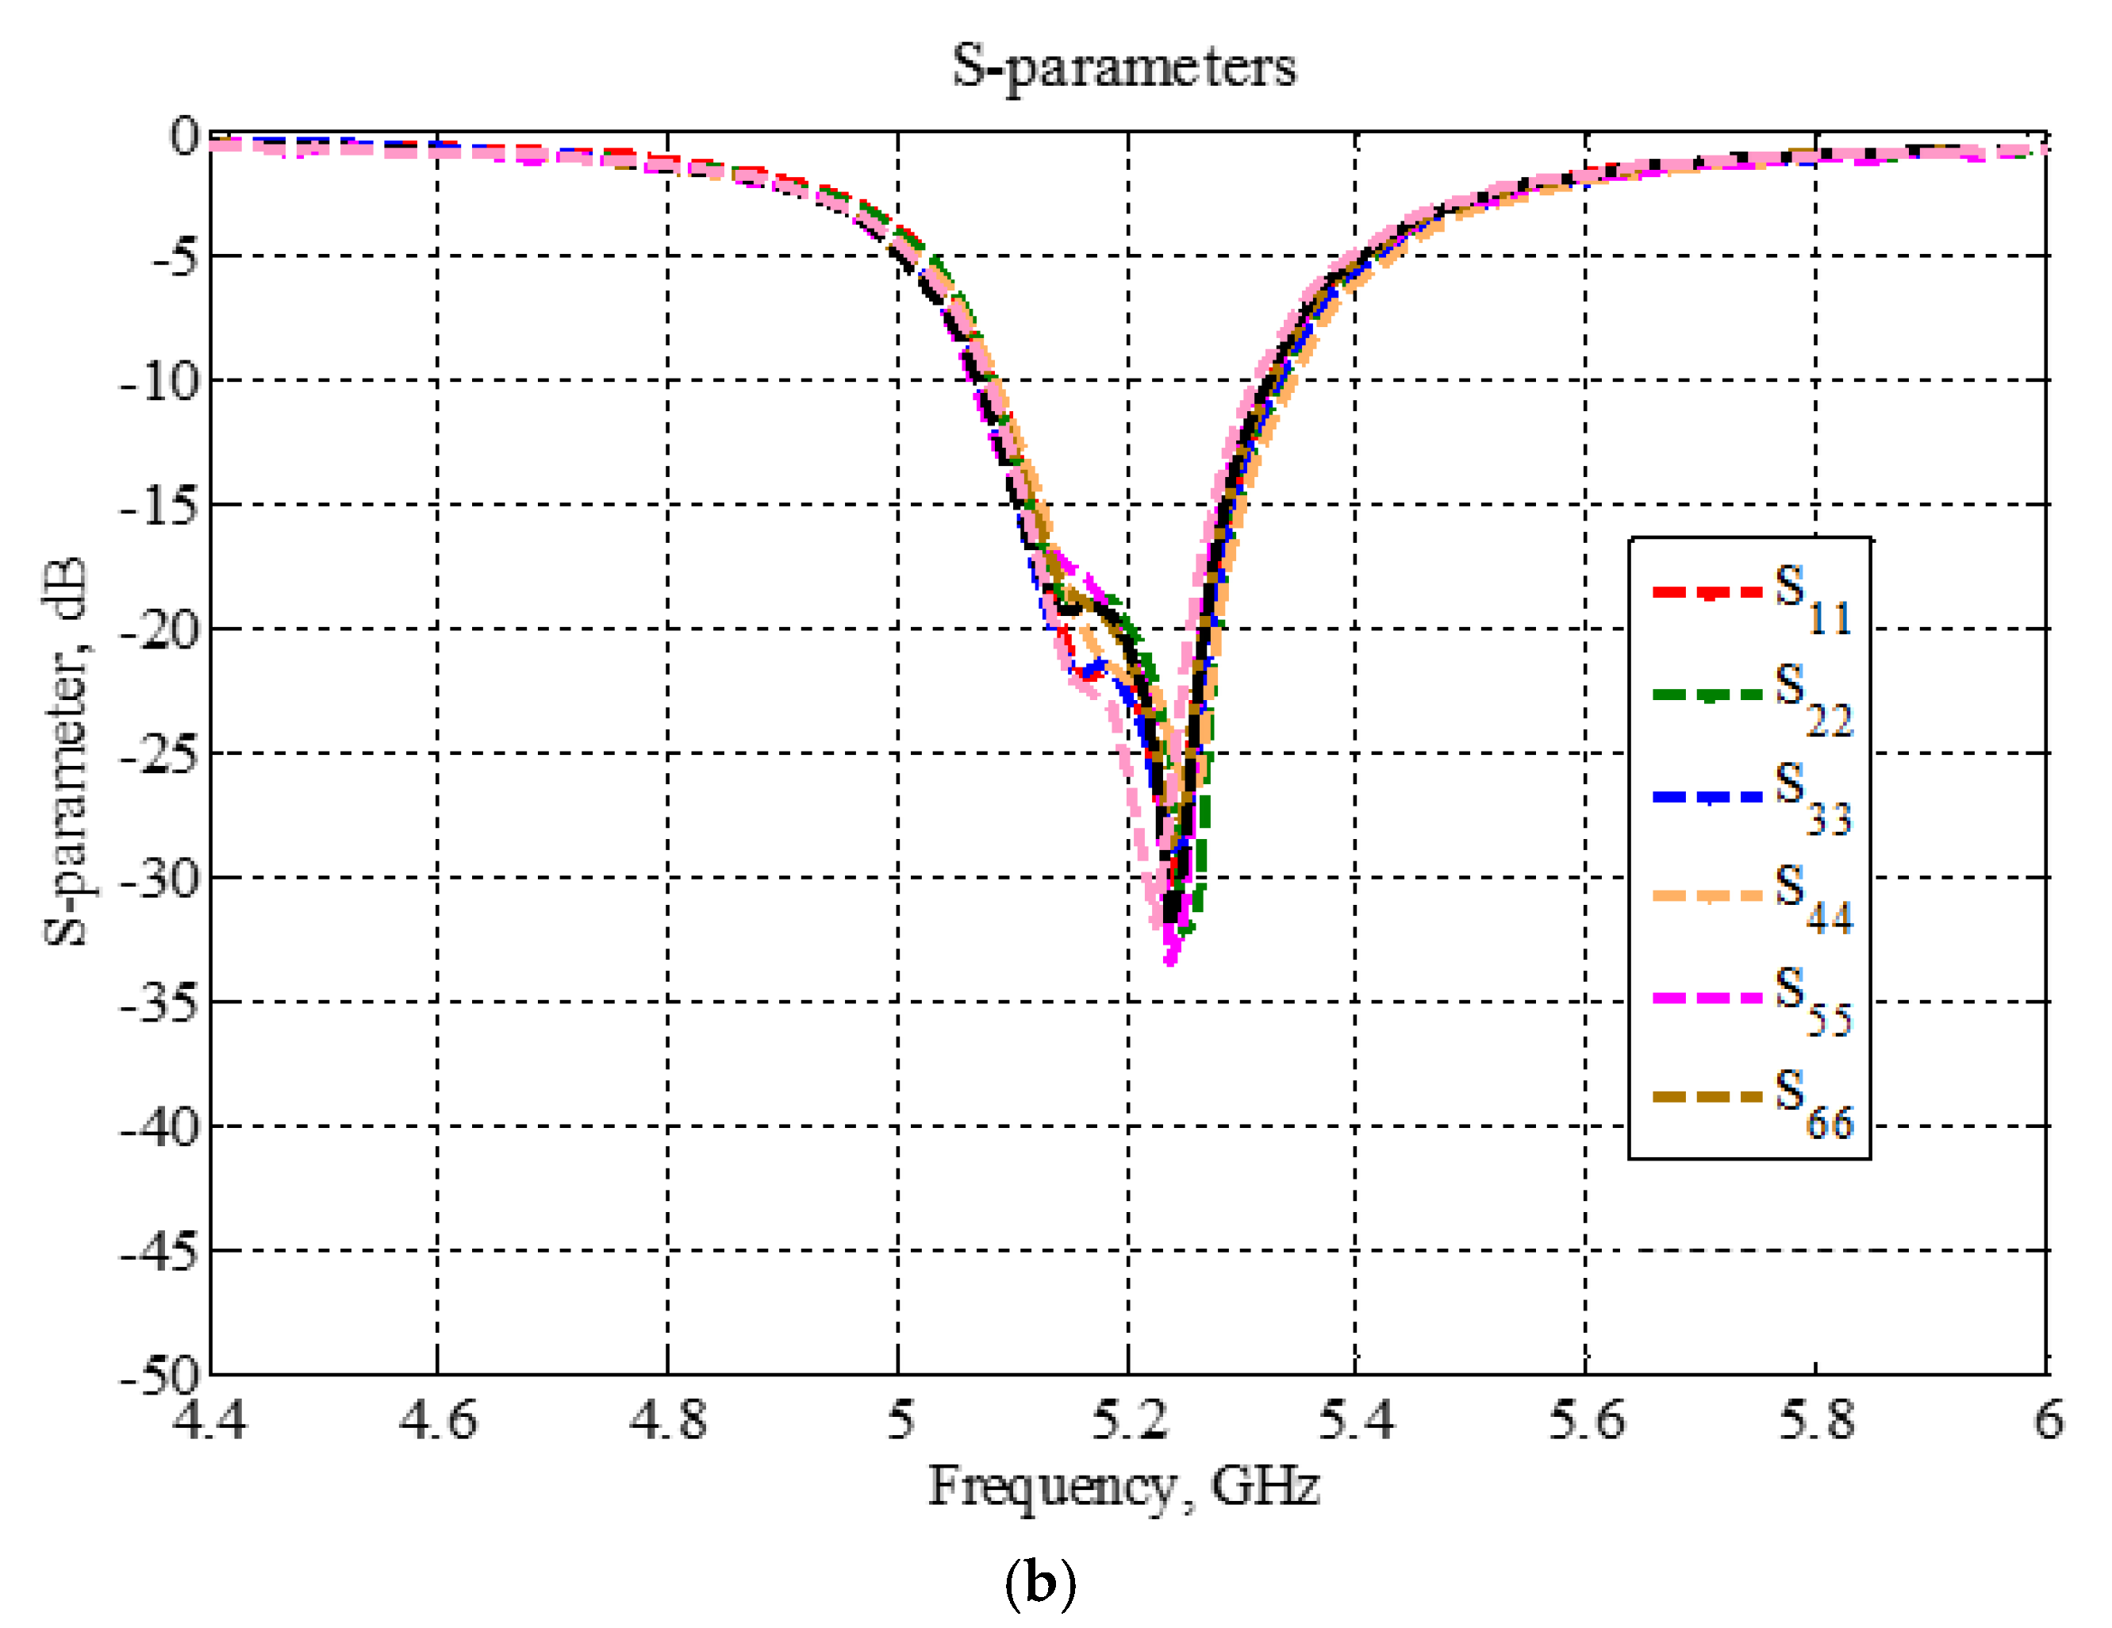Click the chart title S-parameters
click(x=1123, y=67)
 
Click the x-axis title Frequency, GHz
click(x=1123, y=1487)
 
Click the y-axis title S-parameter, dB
click(x=66, y=752)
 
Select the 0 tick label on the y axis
click(x=184, y=136)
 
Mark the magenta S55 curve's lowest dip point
click(x=1171, y=960)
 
